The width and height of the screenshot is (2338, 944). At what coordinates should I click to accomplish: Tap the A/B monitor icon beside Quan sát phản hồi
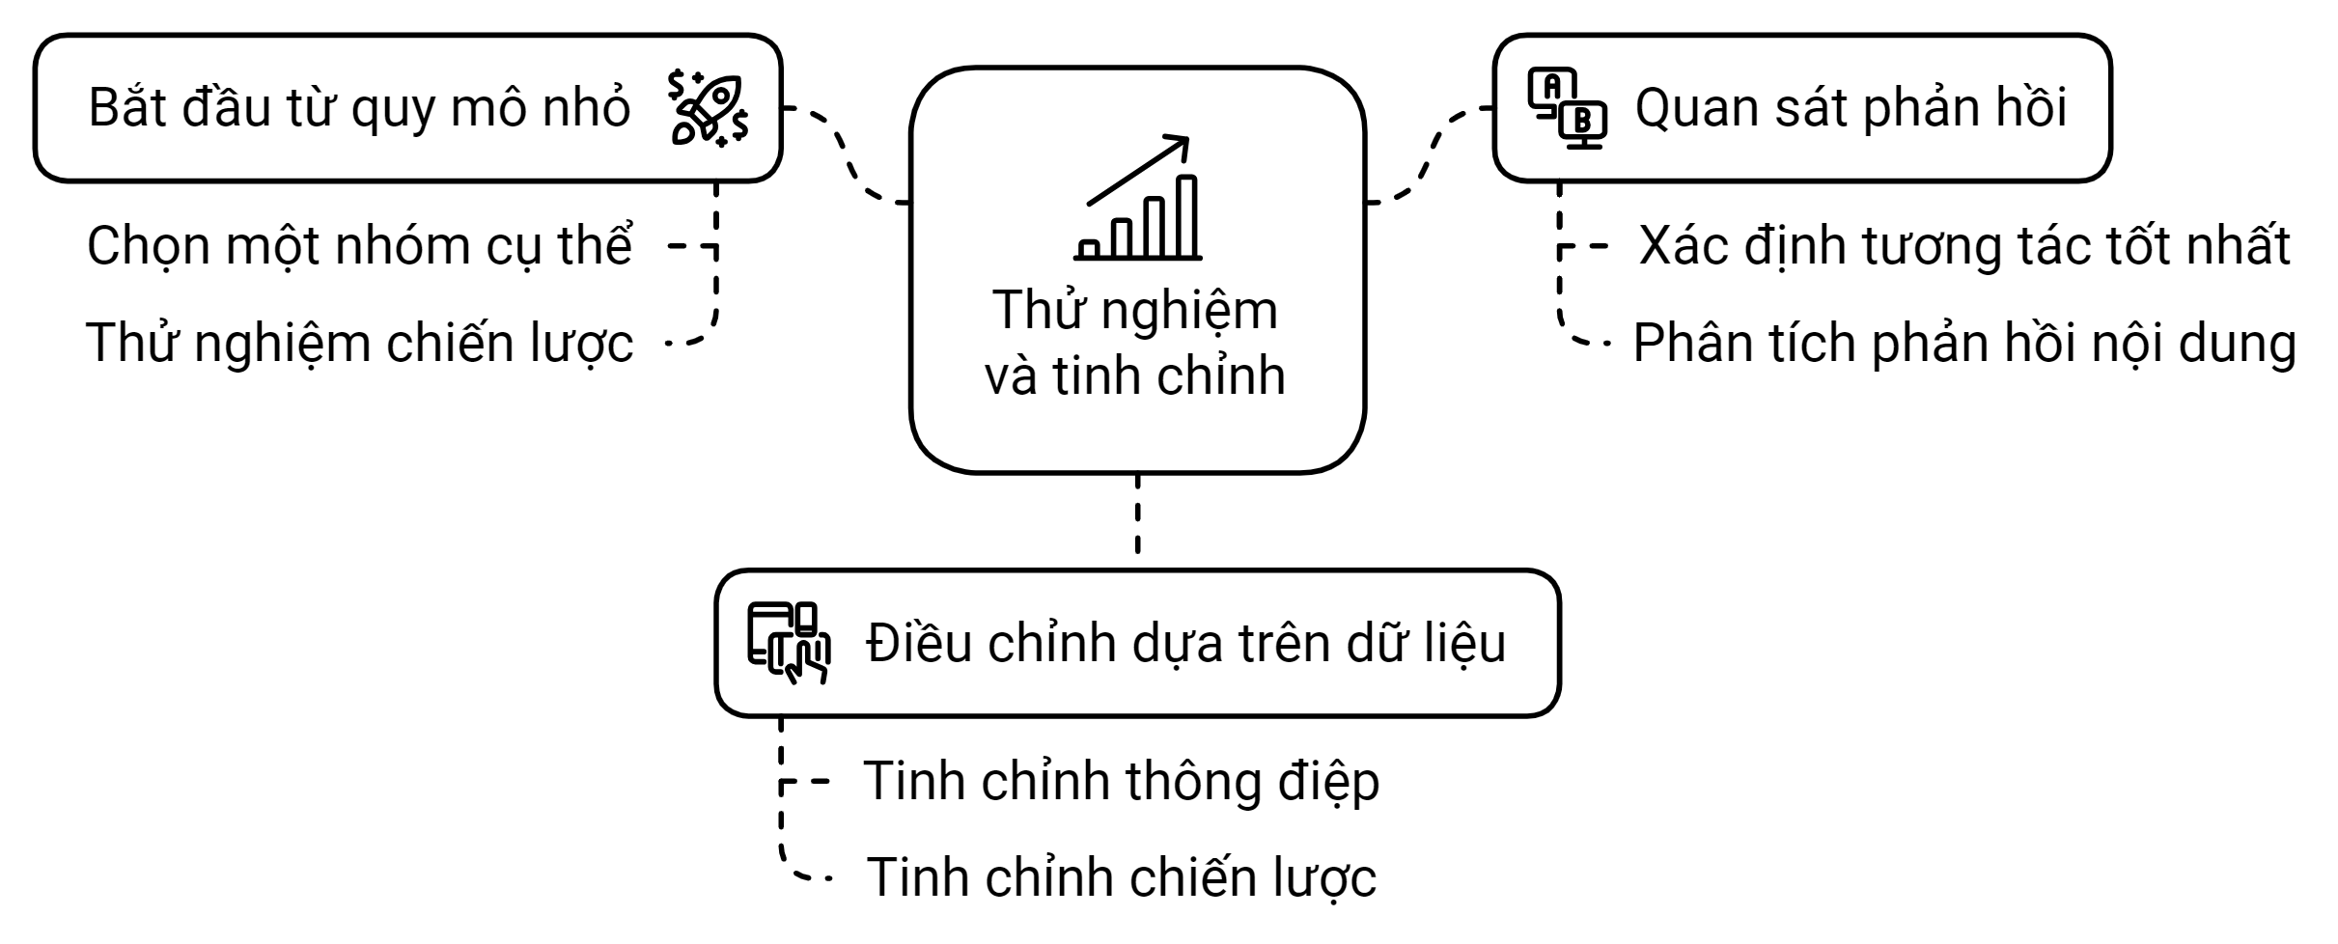coord(1567,108)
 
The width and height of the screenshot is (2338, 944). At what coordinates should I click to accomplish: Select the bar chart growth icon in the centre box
coord(1138,199)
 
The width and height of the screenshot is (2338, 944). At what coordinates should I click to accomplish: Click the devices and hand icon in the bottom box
coord(789,643)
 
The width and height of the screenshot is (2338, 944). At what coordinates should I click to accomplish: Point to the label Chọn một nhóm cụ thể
coord(359,246)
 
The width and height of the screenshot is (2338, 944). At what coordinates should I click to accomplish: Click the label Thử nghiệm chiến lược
coord(359,344)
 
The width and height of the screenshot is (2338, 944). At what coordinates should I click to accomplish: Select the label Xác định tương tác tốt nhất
coord(1964,246)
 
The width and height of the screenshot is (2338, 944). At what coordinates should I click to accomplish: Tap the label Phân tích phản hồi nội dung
coord(1964,344)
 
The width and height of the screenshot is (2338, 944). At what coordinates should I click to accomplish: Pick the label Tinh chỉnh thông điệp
coord(1121,781)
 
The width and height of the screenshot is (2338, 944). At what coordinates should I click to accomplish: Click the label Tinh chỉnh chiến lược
coord(1121,878)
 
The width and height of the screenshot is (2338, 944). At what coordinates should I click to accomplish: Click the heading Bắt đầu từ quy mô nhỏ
coord(359,108)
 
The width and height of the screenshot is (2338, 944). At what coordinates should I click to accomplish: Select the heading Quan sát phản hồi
coord(1851,108)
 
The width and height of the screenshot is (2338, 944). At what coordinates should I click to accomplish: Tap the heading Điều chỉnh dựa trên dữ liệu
coord(1185,644)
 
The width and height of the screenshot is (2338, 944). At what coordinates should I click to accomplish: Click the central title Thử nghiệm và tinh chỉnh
coord(1135,343)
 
